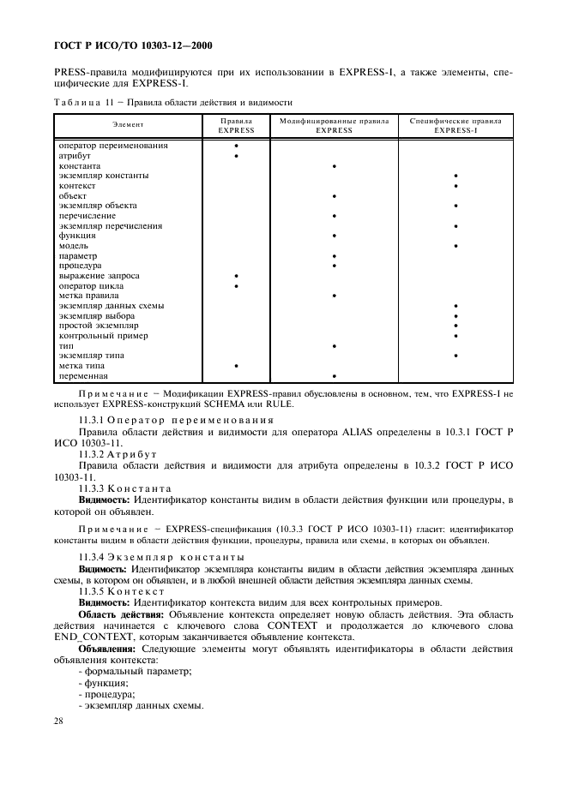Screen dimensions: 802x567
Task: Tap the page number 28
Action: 58,721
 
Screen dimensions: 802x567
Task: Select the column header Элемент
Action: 127,125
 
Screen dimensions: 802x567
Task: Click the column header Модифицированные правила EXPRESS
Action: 334,125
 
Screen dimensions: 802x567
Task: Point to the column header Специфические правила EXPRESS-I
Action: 455,125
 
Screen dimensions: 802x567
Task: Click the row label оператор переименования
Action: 112,146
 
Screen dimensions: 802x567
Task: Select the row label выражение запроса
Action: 99,276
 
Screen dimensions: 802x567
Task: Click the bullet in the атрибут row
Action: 236,156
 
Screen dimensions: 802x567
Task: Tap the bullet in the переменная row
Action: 334,376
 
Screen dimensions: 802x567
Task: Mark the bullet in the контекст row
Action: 455,186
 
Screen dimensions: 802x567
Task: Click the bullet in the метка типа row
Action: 236,366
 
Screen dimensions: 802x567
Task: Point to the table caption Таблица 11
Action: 81,101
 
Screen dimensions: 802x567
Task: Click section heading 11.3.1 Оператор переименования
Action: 176,420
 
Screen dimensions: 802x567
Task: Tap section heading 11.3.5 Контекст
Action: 129,591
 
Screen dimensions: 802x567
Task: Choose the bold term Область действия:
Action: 118,614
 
